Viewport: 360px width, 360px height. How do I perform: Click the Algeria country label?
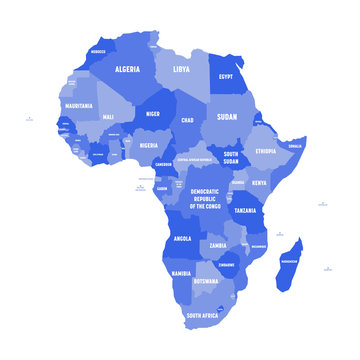127,69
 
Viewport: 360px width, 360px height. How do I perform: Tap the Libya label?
181,70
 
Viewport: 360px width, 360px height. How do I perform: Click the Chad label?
185,121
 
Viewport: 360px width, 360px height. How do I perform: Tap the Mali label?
108,117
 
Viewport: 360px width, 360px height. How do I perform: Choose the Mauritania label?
78,105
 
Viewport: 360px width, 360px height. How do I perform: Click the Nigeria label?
148,146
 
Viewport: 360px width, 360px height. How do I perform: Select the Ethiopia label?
265,150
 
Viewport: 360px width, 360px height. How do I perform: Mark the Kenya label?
259,184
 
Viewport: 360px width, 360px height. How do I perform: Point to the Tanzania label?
246,211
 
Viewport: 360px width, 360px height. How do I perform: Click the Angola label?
183,239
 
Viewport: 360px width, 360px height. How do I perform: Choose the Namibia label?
181,273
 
